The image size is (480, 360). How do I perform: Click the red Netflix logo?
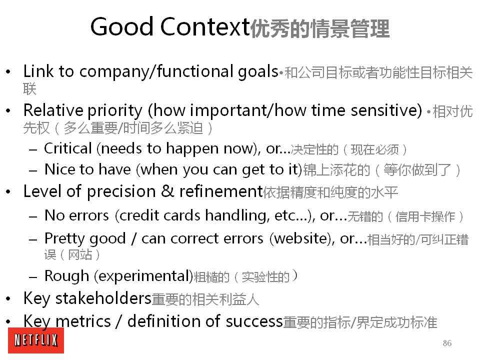pyautogui.click(x=36, y=340)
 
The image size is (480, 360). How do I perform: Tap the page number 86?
pyautogui.click(x=447, y=343)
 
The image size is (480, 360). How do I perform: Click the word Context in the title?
pyautogui.click(x=205, y=26)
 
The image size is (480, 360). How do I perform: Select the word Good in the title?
pyautogui.click(x=122, y=26)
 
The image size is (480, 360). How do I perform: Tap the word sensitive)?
pyautogui.click(x=386, y=110)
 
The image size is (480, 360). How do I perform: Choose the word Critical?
pyautogui.click(x=68, y=148)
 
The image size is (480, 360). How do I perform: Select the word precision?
pyautogui.click(x=121, y=192)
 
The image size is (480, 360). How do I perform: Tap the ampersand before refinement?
pyautogui.click(x=167, y=191)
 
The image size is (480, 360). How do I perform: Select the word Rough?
pyautogui.click(x=66, y=276)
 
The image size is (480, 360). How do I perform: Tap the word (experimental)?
pyautogui.click(x=143, y=276)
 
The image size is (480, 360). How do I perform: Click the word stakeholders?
pyautogui.click(x=103, y=298)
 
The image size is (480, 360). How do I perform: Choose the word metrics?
pyautogui.click(x=83, y=321)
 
